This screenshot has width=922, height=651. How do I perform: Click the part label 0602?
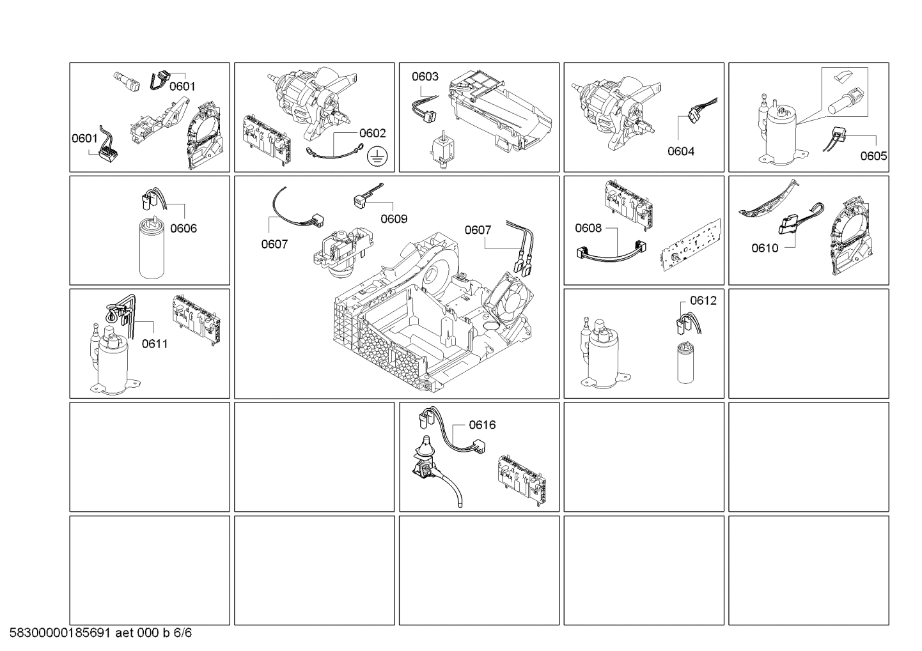[x=373, y=134]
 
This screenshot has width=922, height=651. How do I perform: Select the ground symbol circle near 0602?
[x=377, y=157]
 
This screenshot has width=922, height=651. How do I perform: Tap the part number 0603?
[x=425, y=77]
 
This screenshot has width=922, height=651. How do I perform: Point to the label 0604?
[x=681, y=151]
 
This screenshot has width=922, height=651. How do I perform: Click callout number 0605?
[x=873, y=156]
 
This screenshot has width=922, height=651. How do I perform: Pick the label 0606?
[x=184, y=228]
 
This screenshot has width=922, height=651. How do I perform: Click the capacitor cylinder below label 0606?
[x=152, y=249]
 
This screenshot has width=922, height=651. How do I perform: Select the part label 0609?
[x=394, y=218]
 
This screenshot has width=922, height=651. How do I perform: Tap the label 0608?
[x=588, y=228]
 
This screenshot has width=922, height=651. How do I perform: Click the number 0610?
[x=765, y=248]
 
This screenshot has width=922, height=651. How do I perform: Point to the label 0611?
[x=155, y=344]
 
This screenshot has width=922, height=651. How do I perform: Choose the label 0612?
[x=703, y=301]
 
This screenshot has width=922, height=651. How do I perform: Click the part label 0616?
[x=482, y=425]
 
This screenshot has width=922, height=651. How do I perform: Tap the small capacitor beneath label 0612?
[x=685, y=363]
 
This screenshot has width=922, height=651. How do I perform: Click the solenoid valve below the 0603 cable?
[x=442, y=149]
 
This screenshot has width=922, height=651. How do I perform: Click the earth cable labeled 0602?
[x=334, y=151]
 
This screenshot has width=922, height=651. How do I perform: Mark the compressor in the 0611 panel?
[x=113, y=356]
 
